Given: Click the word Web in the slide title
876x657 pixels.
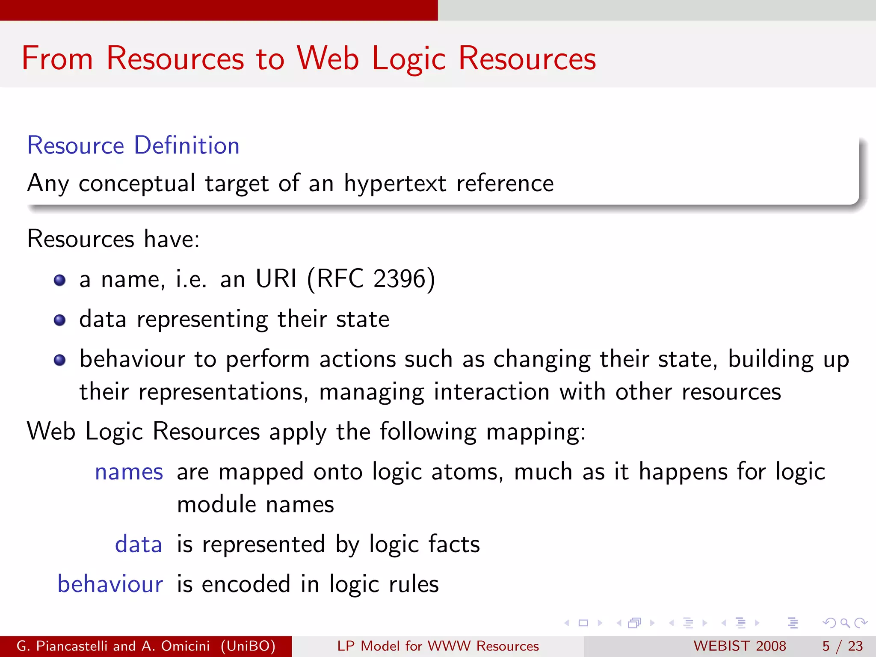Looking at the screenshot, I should [x=328, y=58].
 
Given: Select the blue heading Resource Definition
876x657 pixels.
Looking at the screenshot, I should [x=133, y=145].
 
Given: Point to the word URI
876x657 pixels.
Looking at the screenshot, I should [x=276, y=279].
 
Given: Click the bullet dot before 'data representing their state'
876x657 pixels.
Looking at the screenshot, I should [x=60, y=320].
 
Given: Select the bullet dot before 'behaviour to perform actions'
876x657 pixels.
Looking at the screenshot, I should [x=60, y=360].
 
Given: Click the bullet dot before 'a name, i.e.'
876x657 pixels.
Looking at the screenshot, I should [x=60, y=281].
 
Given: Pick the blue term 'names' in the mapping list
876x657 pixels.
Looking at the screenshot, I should [x=129, y=472].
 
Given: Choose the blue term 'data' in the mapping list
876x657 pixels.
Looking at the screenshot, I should [x=139, y=545].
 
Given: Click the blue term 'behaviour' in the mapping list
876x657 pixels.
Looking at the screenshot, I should [x=110, y=584].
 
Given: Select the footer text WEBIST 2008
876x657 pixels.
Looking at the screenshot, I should [x=740, y=646].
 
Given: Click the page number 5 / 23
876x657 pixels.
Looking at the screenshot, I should [x=842, y=646].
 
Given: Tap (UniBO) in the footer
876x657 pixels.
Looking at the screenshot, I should [x=248, y=646].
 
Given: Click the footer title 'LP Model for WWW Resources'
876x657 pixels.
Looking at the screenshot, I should [x=438, y=646].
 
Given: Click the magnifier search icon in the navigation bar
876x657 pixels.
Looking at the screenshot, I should [x=845, y=623].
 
